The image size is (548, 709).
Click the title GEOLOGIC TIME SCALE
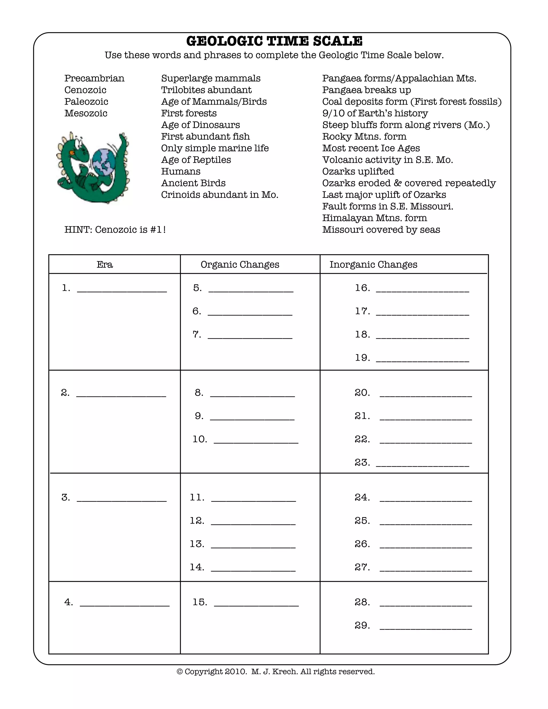coord(274,41)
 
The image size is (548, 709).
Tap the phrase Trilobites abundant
coord(206,90)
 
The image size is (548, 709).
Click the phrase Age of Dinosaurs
coord(200,125)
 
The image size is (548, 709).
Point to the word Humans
coord(181,171)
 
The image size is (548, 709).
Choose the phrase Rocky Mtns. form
coord(364,137)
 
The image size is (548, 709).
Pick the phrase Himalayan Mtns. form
coord(374,218)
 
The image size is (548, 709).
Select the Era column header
coord(105,265)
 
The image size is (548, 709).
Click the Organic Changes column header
coord(239,265)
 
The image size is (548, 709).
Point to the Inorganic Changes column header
coord(373,265)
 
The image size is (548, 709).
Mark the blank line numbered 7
coord(250,336)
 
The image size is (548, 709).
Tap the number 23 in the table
coord(362,463)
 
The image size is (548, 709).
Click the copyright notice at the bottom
coord(275,672)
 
